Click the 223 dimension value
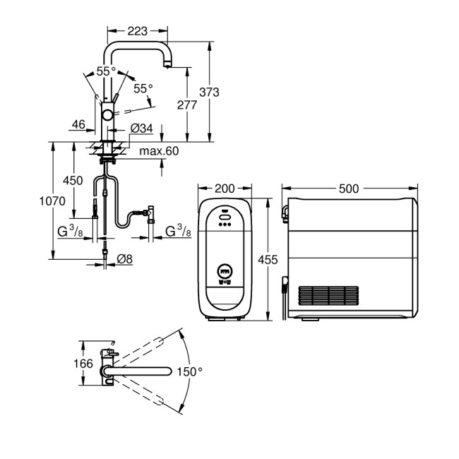tap(138, 30)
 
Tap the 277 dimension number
tap(187, 105)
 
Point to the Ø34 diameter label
tap(142, 128)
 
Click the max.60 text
tap(160, 151)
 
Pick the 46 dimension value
tap(78, 124)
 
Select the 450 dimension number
tap(73, 181)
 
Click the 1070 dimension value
tap(52, 201)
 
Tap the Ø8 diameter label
tap(124, 258)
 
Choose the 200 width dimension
tap(224, 189)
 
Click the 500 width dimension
tap(349, 189)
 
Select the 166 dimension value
tap(83, 364)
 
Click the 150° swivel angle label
tap(189, 371)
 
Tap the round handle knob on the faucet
tap(107, 114)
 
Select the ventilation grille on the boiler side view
tap(330, 295)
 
